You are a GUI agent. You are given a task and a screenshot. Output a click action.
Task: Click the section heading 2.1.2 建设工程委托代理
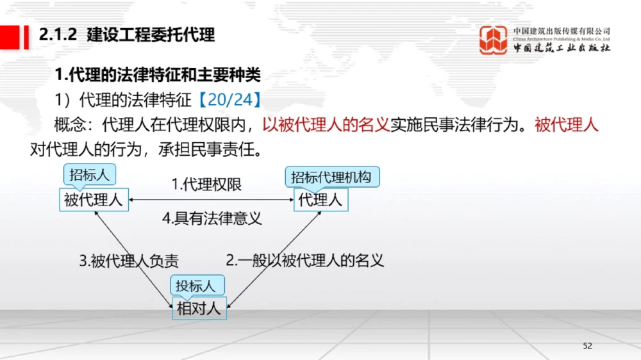click(x=127, y=35)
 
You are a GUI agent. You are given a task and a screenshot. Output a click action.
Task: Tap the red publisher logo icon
click(x=494, y=40)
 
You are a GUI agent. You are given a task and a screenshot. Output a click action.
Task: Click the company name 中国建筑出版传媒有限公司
click(x=562, y=31)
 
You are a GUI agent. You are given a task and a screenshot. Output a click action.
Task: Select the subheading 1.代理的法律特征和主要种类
click(x=158, y=75)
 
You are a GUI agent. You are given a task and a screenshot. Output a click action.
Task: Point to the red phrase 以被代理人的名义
click(x=327, y=124)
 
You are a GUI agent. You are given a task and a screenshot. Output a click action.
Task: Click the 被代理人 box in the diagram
click(x=93, y=200)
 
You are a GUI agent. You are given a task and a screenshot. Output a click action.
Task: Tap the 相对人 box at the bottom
click(x=199, y=309)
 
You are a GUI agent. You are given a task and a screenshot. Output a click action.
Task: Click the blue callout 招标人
click(x=90, y=175)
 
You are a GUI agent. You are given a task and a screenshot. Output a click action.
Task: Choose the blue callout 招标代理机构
click(x=331, y=177)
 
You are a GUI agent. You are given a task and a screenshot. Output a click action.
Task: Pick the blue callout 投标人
click(x=196, y=286)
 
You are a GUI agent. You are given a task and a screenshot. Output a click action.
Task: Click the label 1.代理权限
click(x=207, y=185)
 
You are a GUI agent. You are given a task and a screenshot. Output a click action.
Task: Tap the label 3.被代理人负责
click(x=128, y=261)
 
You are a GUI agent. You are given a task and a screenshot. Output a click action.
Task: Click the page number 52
click(x=588, y=346)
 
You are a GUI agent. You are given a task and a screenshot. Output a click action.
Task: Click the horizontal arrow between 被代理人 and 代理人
click(x=212, y=200)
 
